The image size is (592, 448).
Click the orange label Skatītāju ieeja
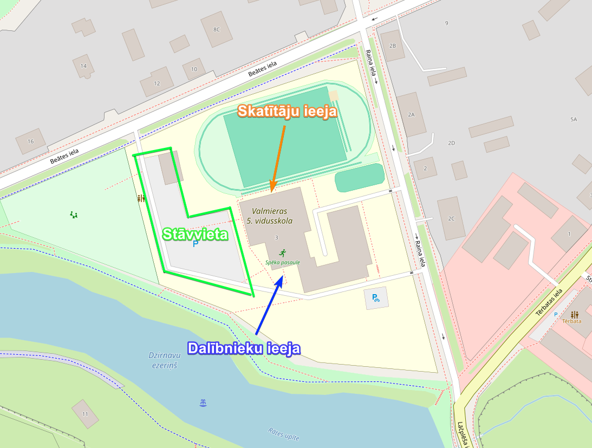[287, 112]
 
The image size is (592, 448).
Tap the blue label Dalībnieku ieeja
[244, 348]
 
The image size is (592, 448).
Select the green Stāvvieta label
[196, 235]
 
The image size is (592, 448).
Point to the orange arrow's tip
[272, 191]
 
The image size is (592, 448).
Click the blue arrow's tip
[282, 277]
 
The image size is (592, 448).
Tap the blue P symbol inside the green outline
[196, 244]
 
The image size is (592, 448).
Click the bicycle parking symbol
[375, 297]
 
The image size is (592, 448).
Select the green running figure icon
[282, 253]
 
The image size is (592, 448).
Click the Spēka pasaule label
[282, 262]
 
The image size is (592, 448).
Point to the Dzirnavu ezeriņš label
[164, 361]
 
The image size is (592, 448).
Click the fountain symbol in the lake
[203, 402]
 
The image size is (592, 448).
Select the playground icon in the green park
[74, 215]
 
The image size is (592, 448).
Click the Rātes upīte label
[283, 434]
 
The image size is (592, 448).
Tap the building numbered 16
[30, 141]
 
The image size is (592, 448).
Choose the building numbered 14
[83, 66]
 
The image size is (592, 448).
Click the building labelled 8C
[217, 29]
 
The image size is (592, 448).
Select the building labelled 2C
[451, 218]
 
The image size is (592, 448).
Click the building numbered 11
[85, 414]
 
